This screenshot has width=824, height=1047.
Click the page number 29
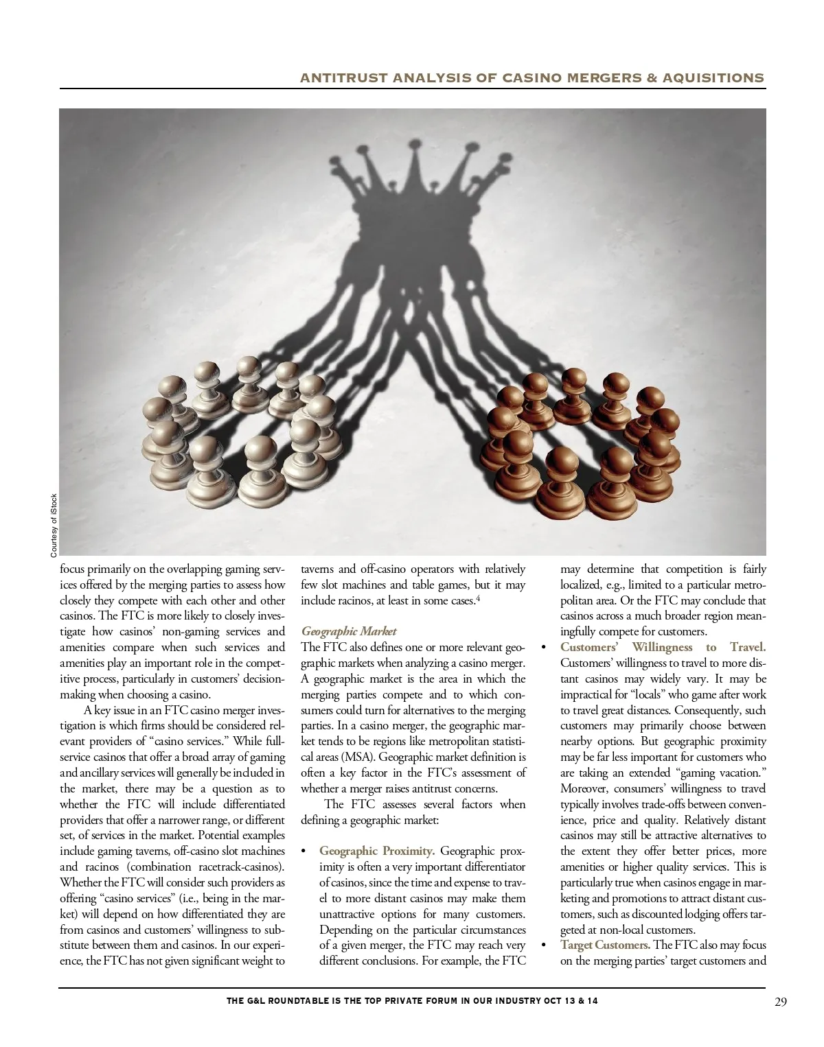(781, 1002)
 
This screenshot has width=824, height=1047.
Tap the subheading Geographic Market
(349, 631)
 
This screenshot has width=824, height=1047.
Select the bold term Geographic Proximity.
(376, 851)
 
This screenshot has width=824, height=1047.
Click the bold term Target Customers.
(605, 945)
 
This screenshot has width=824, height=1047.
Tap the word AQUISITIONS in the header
(713, 78)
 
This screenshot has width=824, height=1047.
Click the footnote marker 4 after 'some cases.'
(479, 598)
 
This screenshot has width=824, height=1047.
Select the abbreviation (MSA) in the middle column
(356, 757)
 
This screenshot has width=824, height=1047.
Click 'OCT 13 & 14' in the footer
(571, 1001)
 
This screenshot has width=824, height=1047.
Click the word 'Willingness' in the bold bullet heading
(662, 647)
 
